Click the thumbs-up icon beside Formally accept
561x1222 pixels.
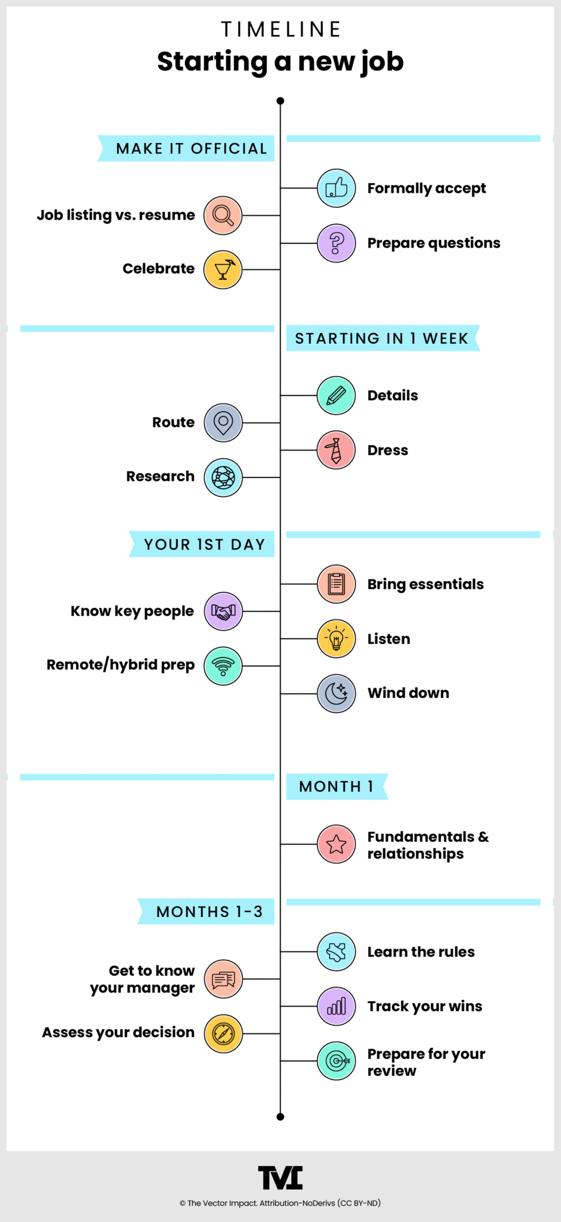(337, 188)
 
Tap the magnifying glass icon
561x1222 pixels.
(223, 215)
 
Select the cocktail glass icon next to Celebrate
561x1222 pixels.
(223, 270)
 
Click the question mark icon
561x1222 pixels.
(337, 243)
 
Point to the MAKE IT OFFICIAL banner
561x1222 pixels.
(186, 149)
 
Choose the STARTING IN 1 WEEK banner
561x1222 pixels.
(383, 338)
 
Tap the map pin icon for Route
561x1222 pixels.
(223, 422)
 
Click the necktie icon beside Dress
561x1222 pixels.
(337, 450)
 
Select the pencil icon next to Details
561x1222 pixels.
(337, 395)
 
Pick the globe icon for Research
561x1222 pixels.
(223, 477)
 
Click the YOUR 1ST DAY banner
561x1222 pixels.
(202, 544)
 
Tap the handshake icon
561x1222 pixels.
(223, 611)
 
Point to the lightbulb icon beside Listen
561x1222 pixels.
(337, 638)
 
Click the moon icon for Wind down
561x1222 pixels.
(337, 693)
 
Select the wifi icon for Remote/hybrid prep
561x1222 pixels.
(223, 666)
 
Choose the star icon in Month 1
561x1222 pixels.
(337, 844)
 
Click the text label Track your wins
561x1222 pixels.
(425, 1007)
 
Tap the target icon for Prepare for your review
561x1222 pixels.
(337, 1061)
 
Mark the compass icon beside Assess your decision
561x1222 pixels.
(223, 1033)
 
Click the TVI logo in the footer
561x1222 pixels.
(280, 1178)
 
